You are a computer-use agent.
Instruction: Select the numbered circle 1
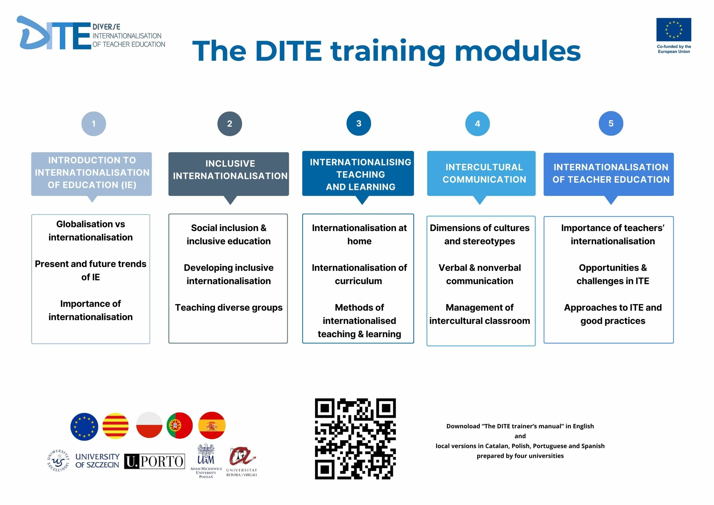[x=94, y=124]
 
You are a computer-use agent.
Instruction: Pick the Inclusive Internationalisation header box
[x=229, y=174]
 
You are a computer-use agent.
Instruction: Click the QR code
[x=355, y=439]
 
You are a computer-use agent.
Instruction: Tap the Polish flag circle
[x=149, y=425]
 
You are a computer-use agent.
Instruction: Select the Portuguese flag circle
[x=179, y=425]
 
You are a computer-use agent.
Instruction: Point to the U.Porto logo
[x=155, y=461]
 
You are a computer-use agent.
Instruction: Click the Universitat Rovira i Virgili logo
[x=242, y=462]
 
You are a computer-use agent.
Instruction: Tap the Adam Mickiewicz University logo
[x=206, y=461]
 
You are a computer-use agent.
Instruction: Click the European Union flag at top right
[x=674, y=30]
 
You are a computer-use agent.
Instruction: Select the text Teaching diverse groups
[x=229, y=308]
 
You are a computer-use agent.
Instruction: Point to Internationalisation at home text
[x=359, y=234]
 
